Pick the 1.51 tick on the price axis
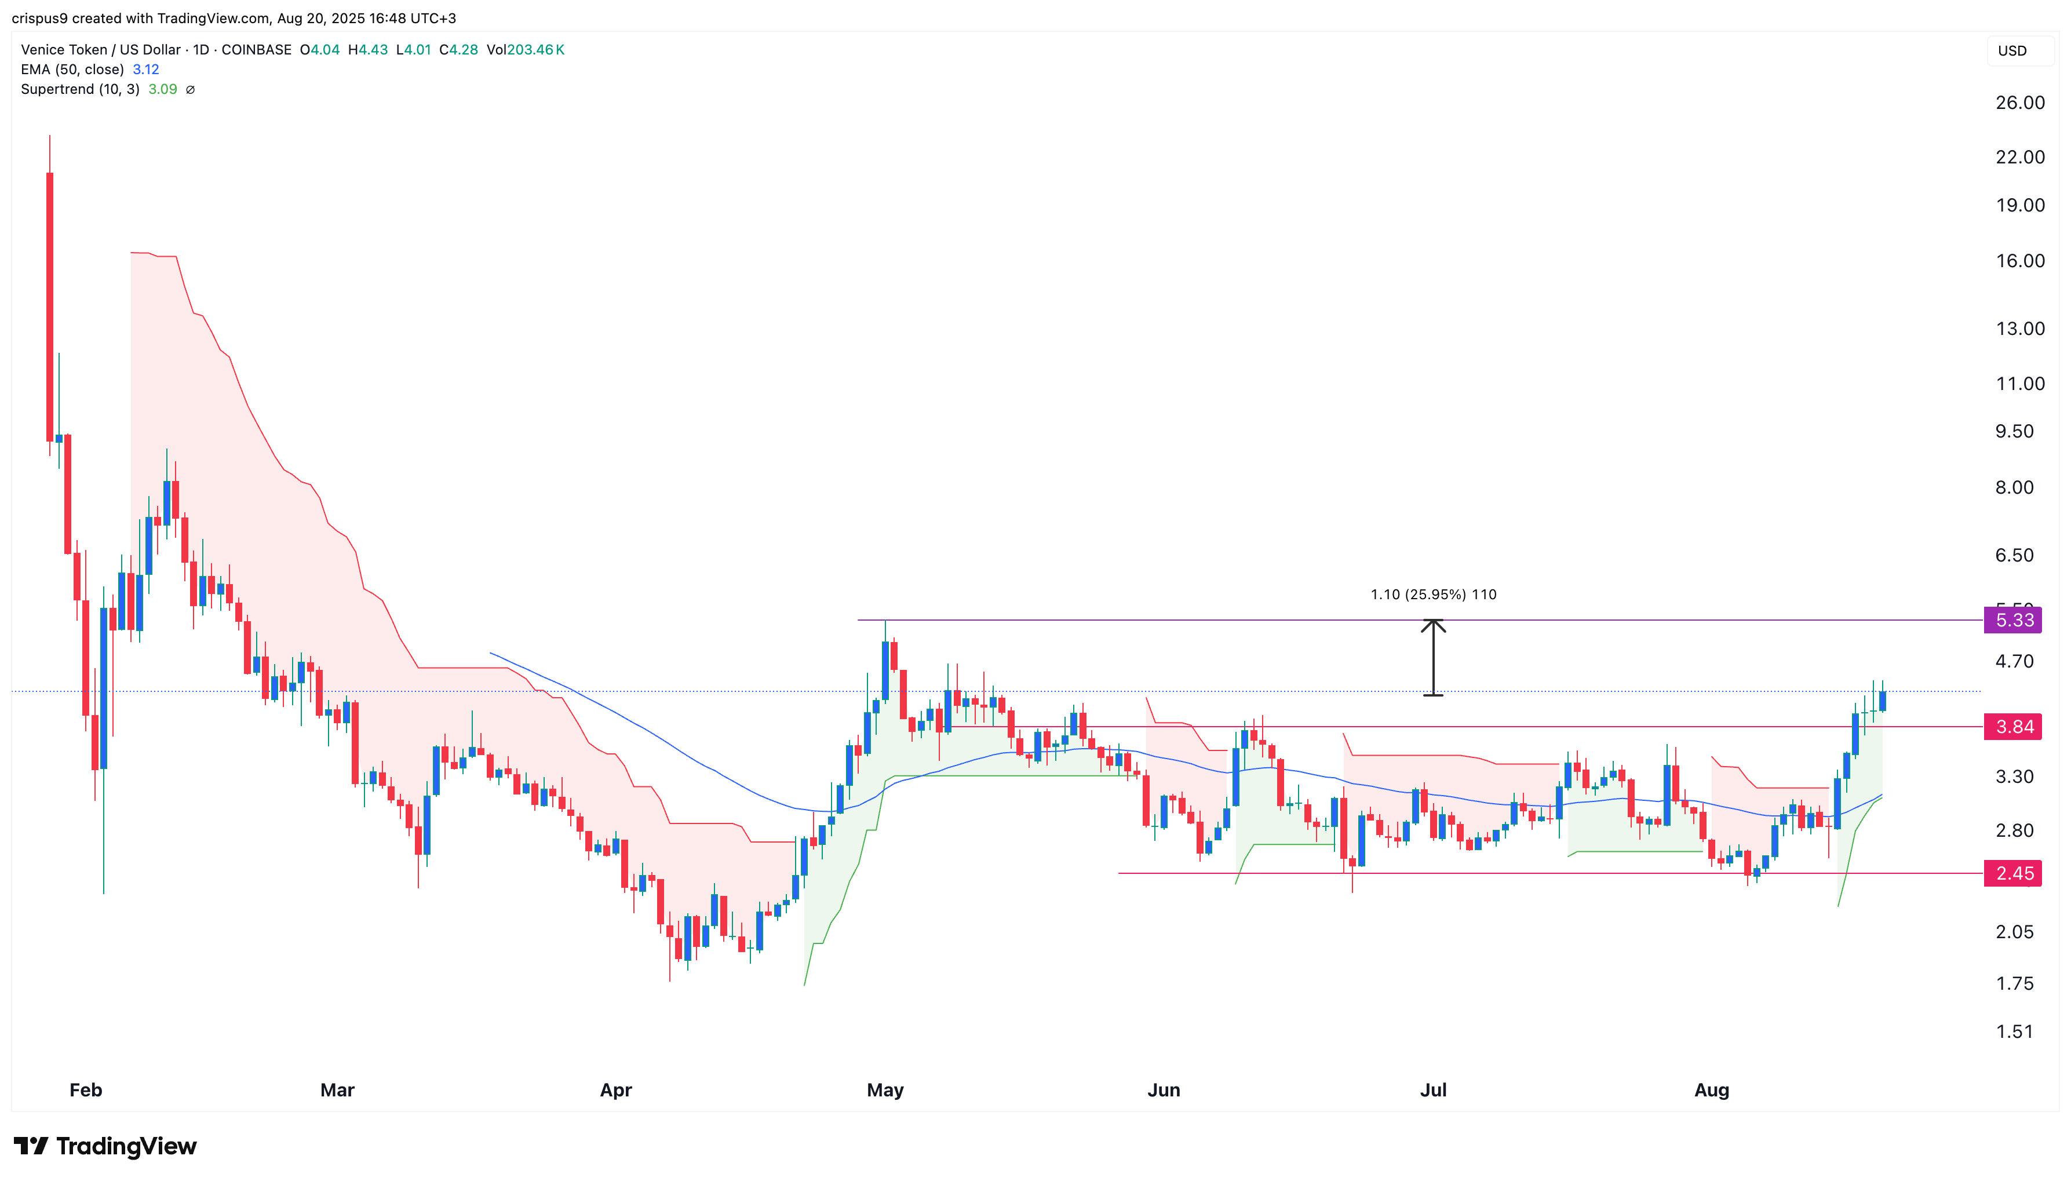[x=2014, y=1031]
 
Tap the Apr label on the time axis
[x=615, y=1090]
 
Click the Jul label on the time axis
[x=1433, y=1090]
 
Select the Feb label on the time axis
[x=86, y=1090]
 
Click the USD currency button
[x=2012, y=51]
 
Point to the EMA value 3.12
[x=146, y=70]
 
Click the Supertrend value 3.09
[x=162, y=89]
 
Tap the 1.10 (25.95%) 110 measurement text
[x=1433, y=595]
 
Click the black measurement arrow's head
[x=1433, y=624]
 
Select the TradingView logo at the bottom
[x=105, y=1146]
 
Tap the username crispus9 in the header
[x=39, y=19]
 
